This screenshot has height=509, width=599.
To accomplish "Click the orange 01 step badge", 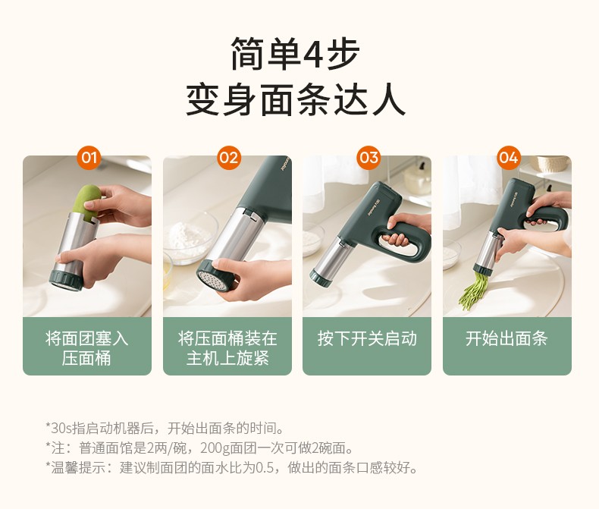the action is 89,158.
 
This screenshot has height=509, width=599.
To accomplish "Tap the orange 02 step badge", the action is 229,158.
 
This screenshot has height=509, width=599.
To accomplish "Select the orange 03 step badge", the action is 368,158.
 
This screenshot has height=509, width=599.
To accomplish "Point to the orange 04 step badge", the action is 509,158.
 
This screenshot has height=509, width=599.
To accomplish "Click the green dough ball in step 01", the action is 87,202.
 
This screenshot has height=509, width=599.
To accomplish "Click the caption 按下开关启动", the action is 367,338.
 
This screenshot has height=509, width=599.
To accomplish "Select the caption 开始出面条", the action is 507,338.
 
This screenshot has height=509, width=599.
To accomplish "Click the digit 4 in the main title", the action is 313,54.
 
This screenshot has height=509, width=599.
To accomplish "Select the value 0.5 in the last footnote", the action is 265,467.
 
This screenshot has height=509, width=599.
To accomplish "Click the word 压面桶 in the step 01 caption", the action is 86,359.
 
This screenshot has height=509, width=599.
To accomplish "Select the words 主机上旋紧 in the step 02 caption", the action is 227,359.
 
